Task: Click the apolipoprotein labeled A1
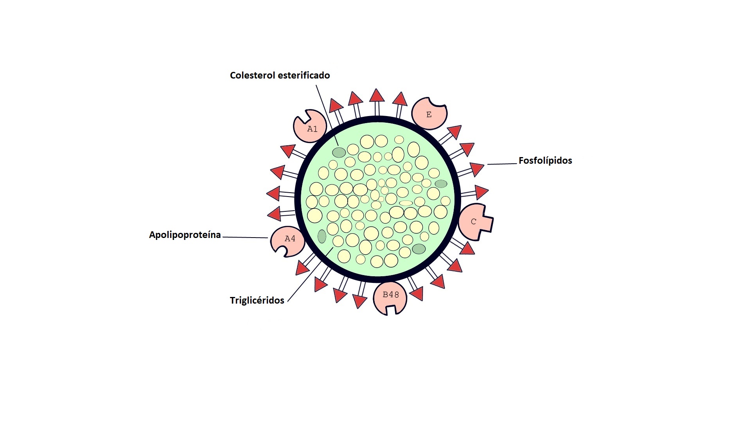309,127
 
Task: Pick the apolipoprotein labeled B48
390,297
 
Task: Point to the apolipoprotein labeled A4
287,240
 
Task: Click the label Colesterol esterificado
280,75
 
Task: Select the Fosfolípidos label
545,161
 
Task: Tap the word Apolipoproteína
185,235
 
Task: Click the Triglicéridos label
257,300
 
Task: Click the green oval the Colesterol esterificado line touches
339,152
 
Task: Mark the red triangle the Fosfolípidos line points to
477,169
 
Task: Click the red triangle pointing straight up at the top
377,96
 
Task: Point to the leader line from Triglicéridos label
309,275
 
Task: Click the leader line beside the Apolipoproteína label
245,237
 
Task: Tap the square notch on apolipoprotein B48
391,310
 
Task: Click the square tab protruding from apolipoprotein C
487,223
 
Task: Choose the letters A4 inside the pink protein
290,239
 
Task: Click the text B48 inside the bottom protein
390,295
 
